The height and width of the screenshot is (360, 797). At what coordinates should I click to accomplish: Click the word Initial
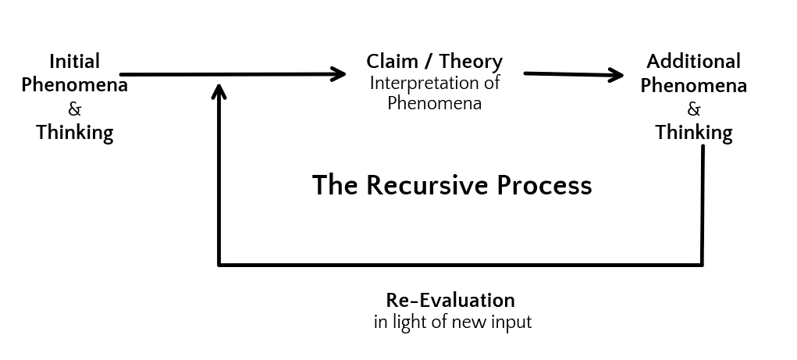pos(74,62)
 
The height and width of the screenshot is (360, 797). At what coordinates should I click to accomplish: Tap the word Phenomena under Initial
pos(74,85)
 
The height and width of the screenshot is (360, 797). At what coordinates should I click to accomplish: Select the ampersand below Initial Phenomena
pos(74,109)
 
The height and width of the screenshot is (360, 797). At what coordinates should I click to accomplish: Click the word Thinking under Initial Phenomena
pos(74,133)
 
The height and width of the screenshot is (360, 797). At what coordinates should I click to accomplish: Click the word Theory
pos(471,62)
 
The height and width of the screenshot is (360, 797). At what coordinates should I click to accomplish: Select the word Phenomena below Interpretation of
pos(434,103)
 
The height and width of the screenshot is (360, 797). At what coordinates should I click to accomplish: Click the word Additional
pos(693,62)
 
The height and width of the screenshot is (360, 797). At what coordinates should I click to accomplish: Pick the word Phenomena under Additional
pos(693,85)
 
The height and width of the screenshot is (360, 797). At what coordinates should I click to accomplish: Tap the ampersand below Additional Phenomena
pos(693,109)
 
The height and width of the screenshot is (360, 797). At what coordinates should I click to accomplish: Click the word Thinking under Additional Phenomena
pos(693,133)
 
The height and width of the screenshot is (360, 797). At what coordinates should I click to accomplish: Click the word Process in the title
pos(544,184)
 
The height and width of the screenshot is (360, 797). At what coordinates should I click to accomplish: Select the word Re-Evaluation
pos(450,300)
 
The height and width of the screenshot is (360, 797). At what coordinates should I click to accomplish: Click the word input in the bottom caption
pos(511,323)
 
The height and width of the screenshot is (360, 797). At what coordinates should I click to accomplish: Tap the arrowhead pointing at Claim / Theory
pos(339,73)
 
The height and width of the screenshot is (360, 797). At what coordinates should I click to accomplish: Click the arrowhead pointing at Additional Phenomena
pos(616,75)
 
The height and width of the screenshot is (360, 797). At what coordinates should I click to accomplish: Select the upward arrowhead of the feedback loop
pos(219,91)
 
